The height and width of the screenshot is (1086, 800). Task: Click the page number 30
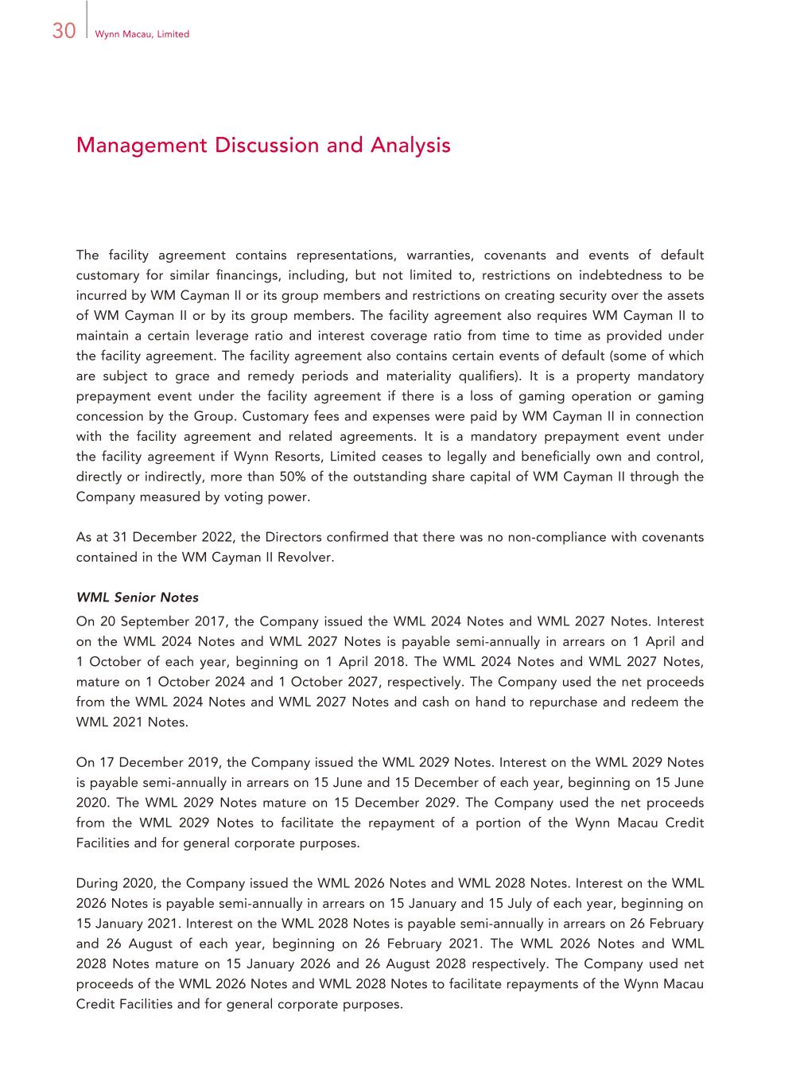coord(64,31)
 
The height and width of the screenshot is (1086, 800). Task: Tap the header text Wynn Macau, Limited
coord(142,34)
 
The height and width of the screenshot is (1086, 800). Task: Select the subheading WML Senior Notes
coord(138,597)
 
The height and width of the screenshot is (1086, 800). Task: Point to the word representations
coord(346,255)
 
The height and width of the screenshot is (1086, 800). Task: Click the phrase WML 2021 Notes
coord(132,722)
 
